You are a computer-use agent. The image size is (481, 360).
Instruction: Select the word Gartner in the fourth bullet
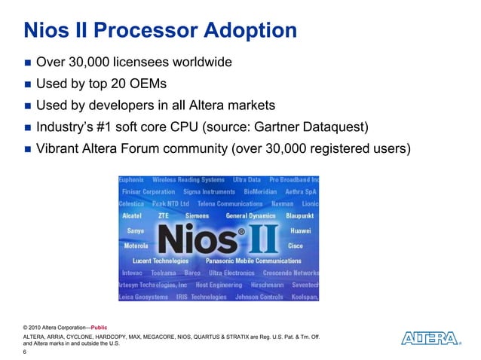click(312, 126)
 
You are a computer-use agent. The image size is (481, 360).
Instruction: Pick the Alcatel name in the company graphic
click(134, 215)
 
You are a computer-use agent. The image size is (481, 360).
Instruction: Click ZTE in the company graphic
click(164, 215)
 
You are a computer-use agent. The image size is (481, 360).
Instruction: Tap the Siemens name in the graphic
click(197, 215)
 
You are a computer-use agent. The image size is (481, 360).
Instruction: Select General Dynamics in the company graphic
click(250, 215)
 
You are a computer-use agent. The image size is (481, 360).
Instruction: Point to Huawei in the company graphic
click(300, 230)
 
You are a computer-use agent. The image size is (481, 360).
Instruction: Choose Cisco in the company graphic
click(296, 245)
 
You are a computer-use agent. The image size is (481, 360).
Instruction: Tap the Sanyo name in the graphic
click(136, 230)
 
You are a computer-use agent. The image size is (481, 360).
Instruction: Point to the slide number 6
click(26, 351)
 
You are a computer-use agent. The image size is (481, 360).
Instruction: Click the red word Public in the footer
click(99, 327)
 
